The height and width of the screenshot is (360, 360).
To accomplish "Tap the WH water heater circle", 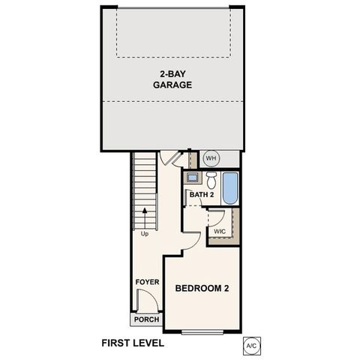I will (211, 158).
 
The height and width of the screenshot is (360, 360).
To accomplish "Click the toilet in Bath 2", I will (212, 181).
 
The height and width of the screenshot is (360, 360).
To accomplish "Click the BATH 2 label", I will (202, 195).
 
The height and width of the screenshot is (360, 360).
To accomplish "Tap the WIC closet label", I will (220, 232).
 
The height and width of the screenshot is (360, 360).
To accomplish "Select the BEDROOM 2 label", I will (201, 288).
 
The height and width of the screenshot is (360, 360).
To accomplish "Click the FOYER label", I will (147, 282).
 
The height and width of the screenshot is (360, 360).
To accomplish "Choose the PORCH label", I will (146, 319).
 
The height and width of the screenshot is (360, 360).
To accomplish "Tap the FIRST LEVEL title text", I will (133, 343).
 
